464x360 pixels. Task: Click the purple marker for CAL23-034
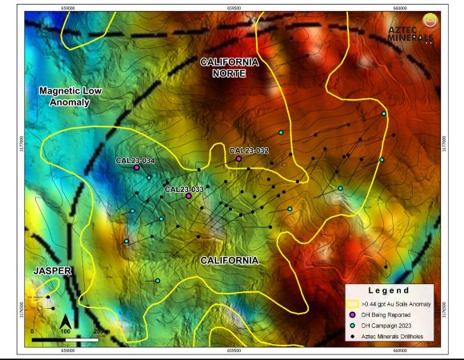click(137, 168)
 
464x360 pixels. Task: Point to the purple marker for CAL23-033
click(188, 195)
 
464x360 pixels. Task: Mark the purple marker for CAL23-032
click(238, 158)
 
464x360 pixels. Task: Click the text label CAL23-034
click(134, 160)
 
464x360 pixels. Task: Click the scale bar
click(65, 339)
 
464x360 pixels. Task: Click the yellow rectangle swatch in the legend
click(352, 304)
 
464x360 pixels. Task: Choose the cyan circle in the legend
click(352, 326)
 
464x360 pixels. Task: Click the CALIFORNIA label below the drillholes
click(229, 261)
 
